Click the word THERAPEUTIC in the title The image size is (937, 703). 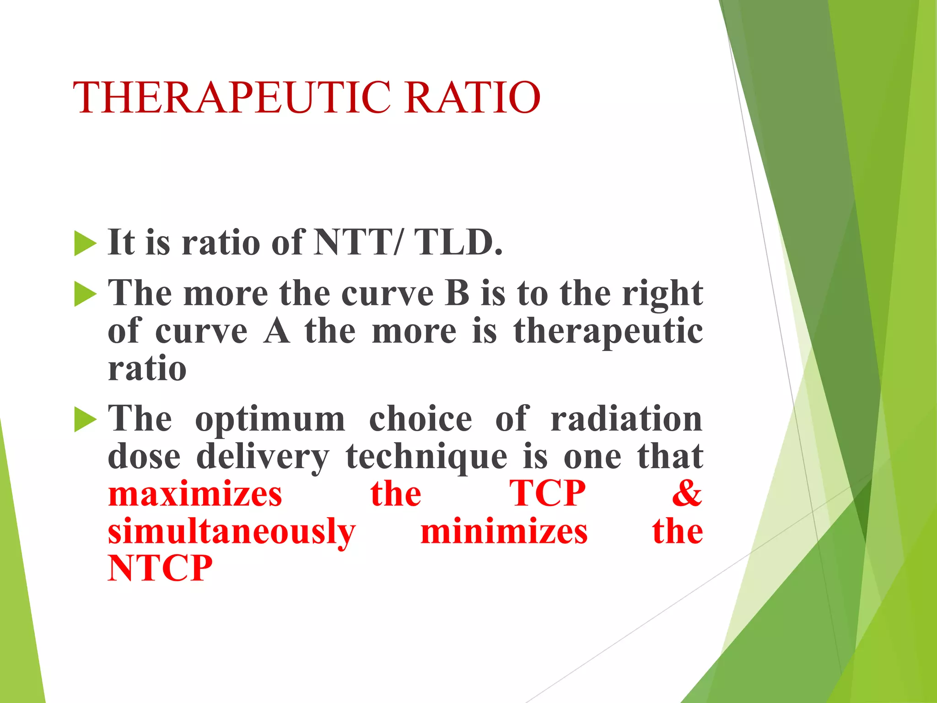232,97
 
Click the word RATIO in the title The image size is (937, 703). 472,97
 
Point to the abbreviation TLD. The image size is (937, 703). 458,242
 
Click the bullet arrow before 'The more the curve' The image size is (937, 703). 85,294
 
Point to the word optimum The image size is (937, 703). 270,420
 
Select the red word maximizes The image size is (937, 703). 195,494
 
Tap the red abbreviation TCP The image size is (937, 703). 548,494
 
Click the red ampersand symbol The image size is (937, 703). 687,494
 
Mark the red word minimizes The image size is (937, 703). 504,531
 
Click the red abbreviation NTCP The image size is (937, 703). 160,568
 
